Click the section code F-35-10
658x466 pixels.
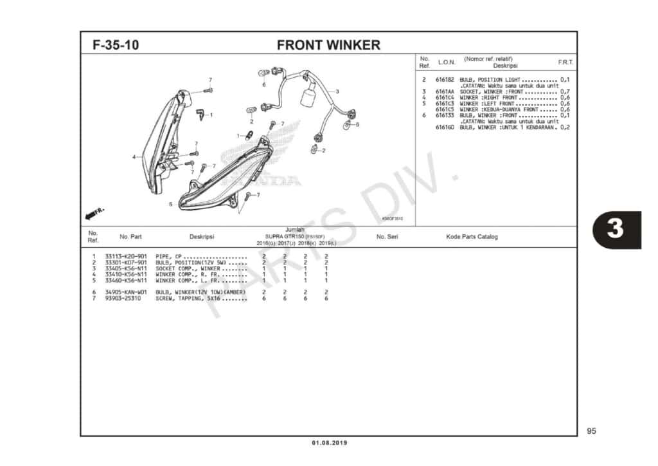point(116,45)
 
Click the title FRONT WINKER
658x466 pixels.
point(328,45)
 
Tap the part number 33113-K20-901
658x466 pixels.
point(126,257)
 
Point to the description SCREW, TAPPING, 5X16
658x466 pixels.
point(201,299)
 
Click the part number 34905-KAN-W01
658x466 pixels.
point(126,292)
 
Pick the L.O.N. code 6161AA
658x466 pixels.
point(445,91)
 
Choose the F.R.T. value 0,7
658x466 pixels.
point(565,91)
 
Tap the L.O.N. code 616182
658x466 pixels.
point(445,79)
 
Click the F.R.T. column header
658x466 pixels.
point(565,62)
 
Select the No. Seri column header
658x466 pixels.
point(387,237)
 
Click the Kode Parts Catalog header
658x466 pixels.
point(472,237)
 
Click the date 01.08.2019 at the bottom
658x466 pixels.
point(329,443)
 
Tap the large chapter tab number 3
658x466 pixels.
point(615,229)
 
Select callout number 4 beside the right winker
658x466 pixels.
point(134,156)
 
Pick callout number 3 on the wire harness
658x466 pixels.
point(337,91)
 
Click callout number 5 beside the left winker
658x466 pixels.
point(170,204)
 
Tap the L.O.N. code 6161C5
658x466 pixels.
point(445,109)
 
